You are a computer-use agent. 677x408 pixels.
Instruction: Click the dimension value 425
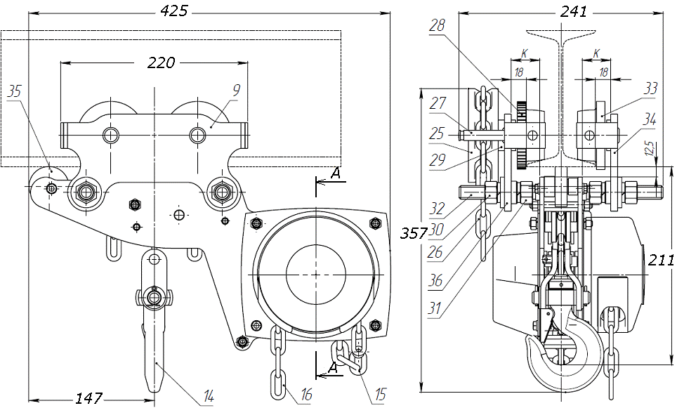click(175, 11)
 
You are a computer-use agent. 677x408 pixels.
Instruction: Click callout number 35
click(15, 91)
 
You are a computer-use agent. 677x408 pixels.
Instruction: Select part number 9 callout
click(237, 89)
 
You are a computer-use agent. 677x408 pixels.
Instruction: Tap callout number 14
click(208, 396)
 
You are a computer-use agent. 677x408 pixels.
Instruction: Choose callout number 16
click(306, 396)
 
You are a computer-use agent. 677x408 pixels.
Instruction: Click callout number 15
click(379, 395)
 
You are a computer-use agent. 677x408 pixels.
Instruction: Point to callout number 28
click(437, 26)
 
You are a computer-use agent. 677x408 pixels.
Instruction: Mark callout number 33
click(651, 88)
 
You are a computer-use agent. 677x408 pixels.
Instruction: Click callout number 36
click(435, 281)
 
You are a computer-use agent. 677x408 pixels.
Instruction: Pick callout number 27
click(437, 103)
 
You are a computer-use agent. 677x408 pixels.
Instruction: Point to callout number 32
click(436, 209)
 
